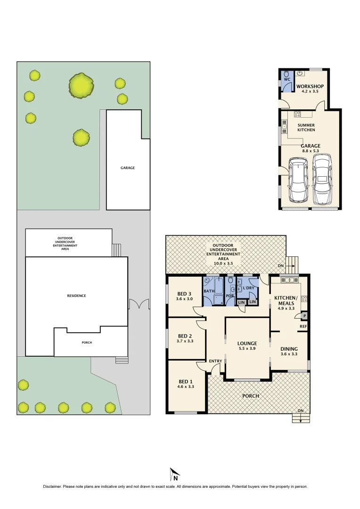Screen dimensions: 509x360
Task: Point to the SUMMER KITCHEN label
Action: click(306, 127)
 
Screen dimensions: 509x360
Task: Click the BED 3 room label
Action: click(184, 293)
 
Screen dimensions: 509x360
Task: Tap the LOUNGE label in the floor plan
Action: click(247, 343)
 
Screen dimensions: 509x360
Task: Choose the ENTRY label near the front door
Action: click(215, 361)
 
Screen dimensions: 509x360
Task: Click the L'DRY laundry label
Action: click(250, 287)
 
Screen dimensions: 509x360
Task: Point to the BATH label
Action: click(209, 291)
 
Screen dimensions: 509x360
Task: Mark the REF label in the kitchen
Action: click(303, 326)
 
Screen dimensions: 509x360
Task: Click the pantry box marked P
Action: click(304, 316)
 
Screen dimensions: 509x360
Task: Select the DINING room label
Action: click(289, 349)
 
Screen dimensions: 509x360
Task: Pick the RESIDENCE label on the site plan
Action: click(76, 296)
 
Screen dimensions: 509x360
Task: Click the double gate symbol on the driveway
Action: click(139, 304)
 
